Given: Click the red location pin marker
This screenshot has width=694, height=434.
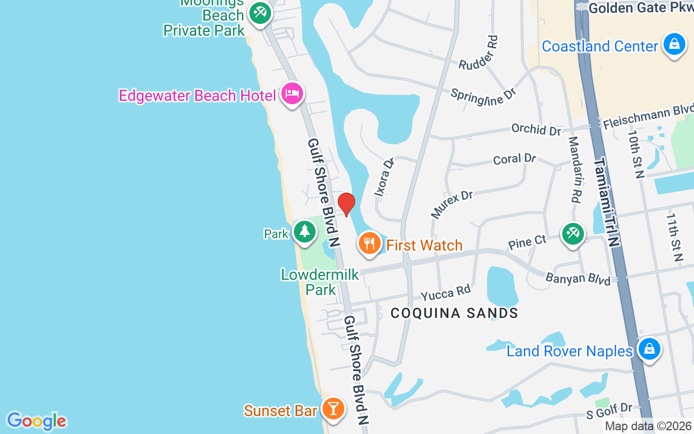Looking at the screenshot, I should click(x=346, y=204).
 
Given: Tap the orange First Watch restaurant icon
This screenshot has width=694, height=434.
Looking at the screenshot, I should click(x=370, y=244).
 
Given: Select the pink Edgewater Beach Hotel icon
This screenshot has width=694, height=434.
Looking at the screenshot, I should click(x=293, y=94).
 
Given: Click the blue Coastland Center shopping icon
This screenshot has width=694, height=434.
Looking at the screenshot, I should click(x=674, y=45).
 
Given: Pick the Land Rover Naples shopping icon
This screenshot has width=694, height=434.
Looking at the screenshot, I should click(x=649, y=349).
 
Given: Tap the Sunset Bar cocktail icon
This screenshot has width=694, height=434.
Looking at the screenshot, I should click(x=333, y=409).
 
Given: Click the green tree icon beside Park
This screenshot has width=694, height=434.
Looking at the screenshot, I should click(x=305, y=232).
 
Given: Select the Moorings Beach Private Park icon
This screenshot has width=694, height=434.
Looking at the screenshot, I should click(x=260, y=12).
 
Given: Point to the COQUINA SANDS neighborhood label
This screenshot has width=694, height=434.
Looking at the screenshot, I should click(x=454, y=313).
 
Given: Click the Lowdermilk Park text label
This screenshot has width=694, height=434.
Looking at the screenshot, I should click(x=320, y=282).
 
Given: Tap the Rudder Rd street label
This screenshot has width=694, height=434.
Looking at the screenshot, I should click(x=478, y=53).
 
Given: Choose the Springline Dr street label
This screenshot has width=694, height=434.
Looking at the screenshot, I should click(x=483, y=93).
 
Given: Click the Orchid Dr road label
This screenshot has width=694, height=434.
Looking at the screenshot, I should click(x=536, y=130).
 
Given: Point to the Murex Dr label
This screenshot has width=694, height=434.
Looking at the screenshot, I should click(x=452, y=203).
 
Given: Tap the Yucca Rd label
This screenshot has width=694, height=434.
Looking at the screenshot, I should click(x=446, y=292).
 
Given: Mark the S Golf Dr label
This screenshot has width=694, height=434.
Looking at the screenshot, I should click(x=609, y=410).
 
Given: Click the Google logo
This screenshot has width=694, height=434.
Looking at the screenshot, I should click(x=36, y=421).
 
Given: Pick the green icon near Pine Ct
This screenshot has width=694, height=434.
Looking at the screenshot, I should click(x=573, y=233).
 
